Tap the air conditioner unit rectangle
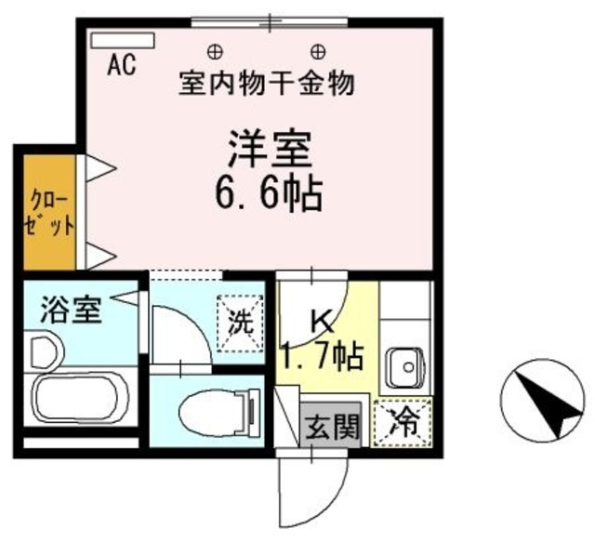point(124,43)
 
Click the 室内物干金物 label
point(266,86)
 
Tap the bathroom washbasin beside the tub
point(43,352)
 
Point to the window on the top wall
point(271,21)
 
